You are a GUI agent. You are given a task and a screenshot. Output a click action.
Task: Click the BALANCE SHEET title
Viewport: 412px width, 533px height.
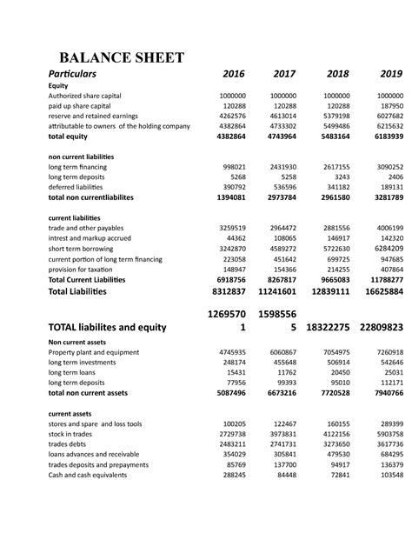click(121, 58)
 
